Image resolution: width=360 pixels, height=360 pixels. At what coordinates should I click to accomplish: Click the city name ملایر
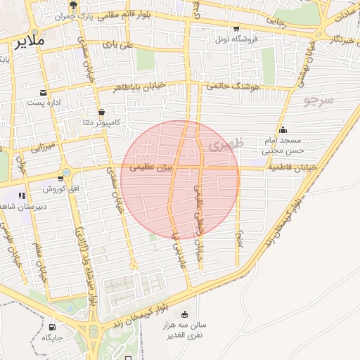pyautogui.click(x=28, y=41)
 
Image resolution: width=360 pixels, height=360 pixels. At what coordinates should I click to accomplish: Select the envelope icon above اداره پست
pyautogui.click(x=44, y=92)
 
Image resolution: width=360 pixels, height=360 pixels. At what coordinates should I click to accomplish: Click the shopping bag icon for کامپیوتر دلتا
pyautogui.click(x=102, y=112)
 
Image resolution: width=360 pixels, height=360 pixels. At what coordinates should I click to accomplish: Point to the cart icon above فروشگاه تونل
pyautogui.click(x=237, y=29)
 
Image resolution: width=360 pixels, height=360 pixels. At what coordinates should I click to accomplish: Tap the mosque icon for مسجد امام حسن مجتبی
pyautogui.click(x=283, y=129)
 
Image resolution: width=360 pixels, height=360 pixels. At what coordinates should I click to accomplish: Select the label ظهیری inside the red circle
pyautogui.click(x=224, y=146)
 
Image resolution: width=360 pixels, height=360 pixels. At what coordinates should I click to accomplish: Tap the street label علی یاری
pyautogui.click(x=118, y=44)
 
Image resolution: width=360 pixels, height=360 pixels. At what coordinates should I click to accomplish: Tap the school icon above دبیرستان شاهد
pyautogui.click(x=22, y=195)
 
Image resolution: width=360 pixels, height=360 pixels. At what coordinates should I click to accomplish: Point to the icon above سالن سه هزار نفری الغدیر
pyautogui.click(x=185, y=314)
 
